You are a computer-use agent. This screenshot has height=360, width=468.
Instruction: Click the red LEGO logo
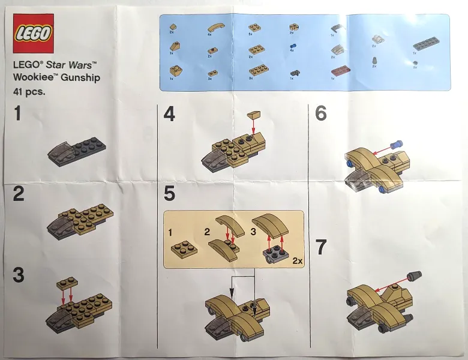[33, 34]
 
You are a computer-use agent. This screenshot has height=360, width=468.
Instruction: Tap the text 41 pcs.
[29, 92]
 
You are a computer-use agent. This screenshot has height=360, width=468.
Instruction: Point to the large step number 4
[170, 114]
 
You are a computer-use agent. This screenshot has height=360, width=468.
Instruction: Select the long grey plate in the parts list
[427, 44]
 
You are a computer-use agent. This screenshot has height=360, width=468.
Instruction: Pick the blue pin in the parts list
[293, 46]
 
